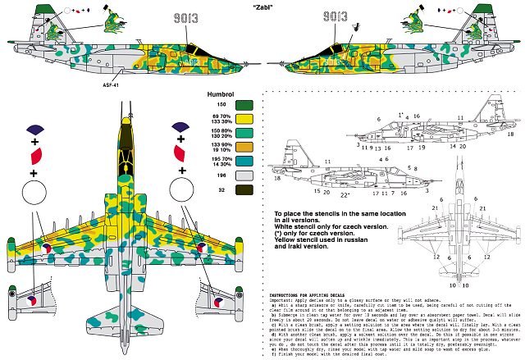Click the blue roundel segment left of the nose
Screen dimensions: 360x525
34,128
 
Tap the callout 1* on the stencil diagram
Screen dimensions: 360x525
378,113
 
